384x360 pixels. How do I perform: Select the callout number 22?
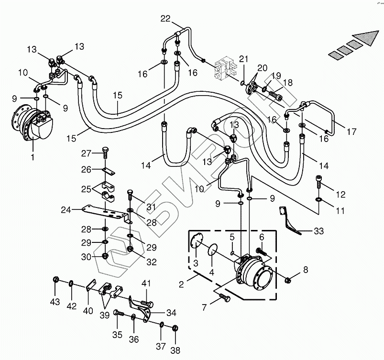(165, 19)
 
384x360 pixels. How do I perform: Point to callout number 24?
(66, 209)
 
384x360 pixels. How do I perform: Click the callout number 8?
(306, 270)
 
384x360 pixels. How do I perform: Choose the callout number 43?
(55, 302)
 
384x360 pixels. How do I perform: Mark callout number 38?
(176, 350)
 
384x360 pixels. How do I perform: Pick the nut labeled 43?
(56, 280)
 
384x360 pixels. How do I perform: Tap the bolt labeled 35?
(118, 314)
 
